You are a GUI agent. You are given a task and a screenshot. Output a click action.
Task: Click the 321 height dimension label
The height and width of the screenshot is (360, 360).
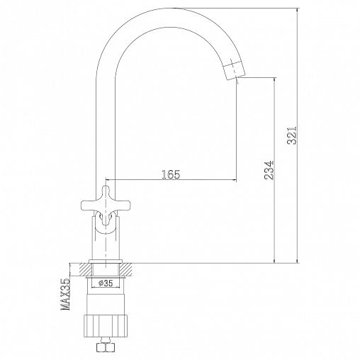[x=291, y=135]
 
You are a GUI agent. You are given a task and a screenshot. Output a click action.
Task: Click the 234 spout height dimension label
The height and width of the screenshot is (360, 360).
[x=269, y=170]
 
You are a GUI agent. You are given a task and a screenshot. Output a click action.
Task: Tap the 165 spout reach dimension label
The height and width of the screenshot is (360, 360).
[x=171, y=174]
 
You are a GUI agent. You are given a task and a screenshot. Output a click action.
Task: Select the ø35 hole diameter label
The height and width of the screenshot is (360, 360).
[x=106, y=283]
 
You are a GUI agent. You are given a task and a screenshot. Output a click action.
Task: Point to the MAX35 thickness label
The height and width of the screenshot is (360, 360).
[x=66, y=294]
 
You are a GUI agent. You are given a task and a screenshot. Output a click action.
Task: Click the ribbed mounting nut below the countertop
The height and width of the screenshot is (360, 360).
[x=106, y=326]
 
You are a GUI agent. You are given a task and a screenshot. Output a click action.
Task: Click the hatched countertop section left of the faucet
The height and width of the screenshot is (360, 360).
[x=84, y=269]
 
